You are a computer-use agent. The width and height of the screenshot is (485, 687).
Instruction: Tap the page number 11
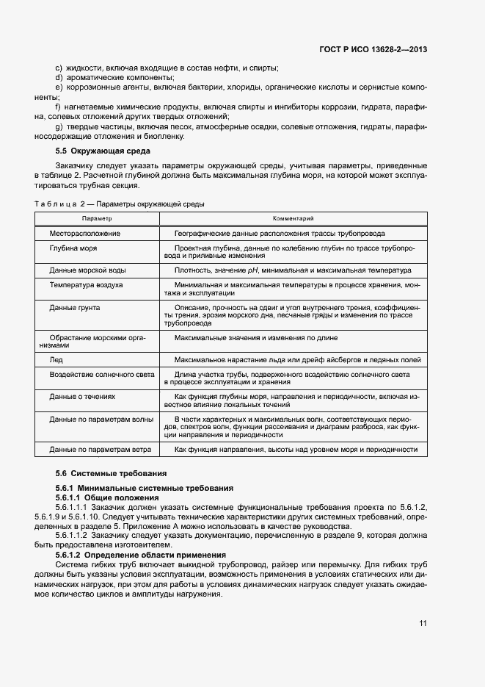(423, 623)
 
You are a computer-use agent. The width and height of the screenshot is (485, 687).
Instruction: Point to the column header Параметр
(96, 218)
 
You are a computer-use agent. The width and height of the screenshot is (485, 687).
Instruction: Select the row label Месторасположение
(85, 233)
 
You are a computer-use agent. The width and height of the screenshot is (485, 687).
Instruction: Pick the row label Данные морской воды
(87, 270)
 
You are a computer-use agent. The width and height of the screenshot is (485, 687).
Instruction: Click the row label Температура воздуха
(86, 284)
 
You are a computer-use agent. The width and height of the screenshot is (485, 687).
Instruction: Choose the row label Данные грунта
(75, 307)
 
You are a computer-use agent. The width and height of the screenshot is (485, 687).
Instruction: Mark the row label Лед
(56, 360)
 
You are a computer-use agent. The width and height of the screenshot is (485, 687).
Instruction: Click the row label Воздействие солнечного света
(102, 374)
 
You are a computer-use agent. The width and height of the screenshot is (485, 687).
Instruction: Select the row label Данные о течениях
(82, 396)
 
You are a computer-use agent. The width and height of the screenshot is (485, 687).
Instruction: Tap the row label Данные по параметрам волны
(101, 419)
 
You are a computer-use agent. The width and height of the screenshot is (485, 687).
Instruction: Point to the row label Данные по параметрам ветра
(101, 449)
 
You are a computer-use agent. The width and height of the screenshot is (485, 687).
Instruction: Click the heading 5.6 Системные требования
(111, 473)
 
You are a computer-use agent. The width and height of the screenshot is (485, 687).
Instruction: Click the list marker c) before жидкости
(59, 68)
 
